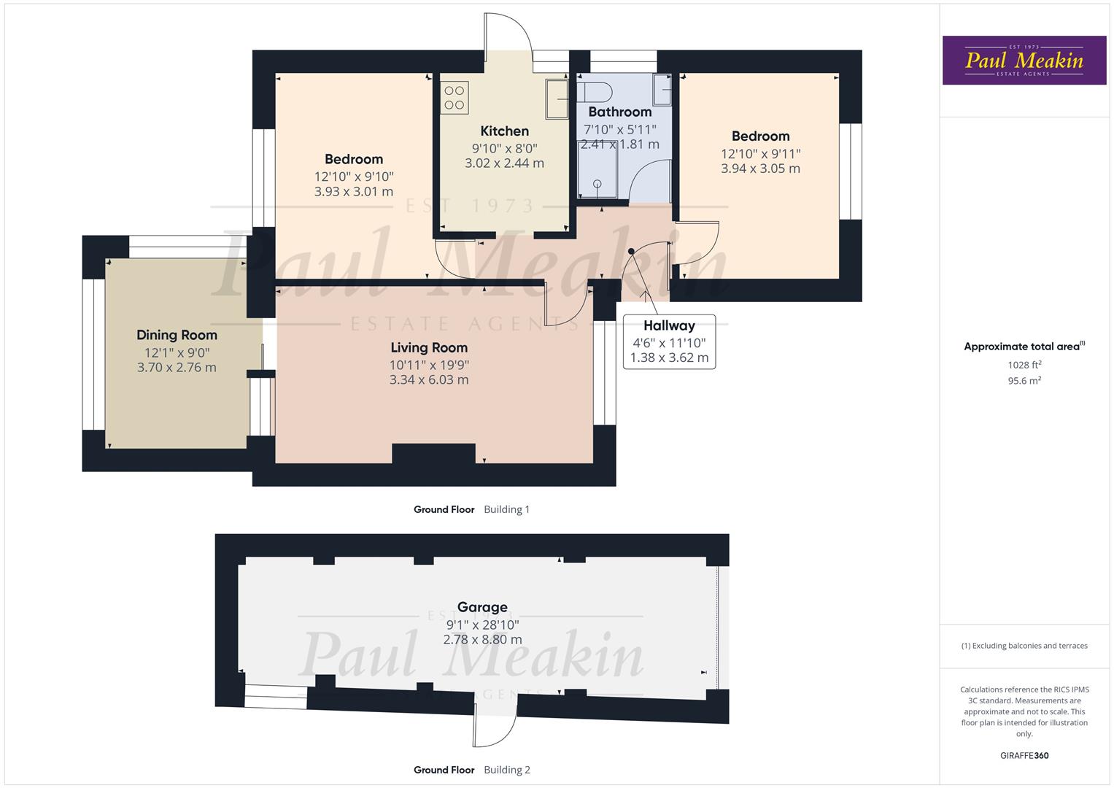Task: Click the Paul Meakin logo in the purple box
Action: coord(1024,61)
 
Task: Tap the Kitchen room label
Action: coord(504,131)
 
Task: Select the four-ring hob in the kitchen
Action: coord(455,98)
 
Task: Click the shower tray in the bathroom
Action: coord(597,170)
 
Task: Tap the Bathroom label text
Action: coord(619,112)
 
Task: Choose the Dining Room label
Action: coord(177,335)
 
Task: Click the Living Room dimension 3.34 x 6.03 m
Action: coord(429,379)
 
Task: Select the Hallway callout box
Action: coord(669,341)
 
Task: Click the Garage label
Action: coord(482,607)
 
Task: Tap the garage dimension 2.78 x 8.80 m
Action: coord(482,639)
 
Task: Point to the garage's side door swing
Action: coord(495,723)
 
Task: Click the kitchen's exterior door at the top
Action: coord(508,36)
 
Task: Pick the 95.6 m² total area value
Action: coord(1024,380)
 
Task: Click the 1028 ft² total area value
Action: coord(1024,365)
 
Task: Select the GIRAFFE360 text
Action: coord(1024,755)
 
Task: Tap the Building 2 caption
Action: coord(507,770)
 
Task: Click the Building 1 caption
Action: coord(506,509)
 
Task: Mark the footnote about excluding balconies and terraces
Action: coord(1024,646)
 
